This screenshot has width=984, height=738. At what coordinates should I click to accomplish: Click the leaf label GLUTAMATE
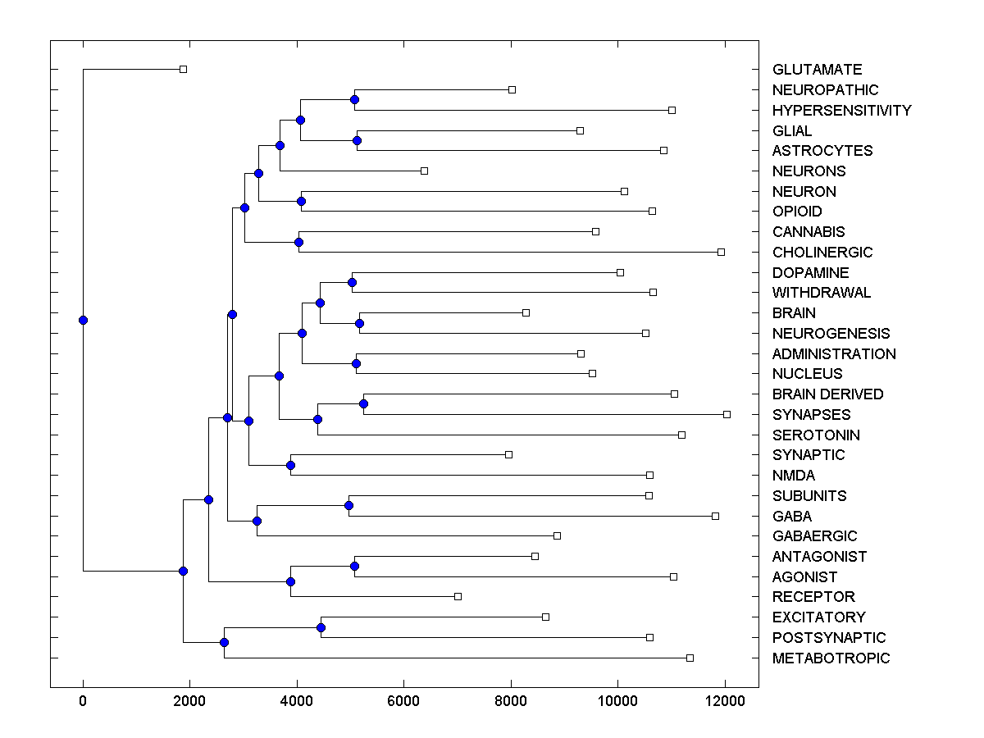pyautogui.click(x=817, y=70)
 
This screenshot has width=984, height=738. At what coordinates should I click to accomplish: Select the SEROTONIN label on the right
pyautogui.click(x=816, y=435)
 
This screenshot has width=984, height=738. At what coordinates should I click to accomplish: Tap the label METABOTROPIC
pyautogui.click(x=831, y=658)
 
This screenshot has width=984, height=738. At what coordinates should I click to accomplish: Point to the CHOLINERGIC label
pyautogui.click(x=822, y=253)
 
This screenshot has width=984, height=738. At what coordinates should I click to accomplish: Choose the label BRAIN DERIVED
pyautogui.click(x=827, y=394)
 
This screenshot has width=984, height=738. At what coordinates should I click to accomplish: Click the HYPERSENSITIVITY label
pyautogui.click(x=841, y=111)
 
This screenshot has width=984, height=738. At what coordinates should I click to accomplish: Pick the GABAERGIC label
pyautogui.click(x=814, y=536)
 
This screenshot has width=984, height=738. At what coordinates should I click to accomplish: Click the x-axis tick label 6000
pyautogui.click(x=403, y=700)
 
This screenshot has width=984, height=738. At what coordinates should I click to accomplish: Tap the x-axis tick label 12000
pyautogui.click(x=725, y=700)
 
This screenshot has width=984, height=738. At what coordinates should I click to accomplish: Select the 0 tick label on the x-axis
pyautogui.click(x=83, y=700)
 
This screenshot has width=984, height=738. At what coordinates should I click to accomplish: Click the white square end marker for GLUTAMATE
pyautogui.click(x=184, y=70)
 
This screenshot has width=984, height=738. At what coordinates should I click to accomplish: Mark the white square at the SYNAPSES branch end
pyautogui.click(x=727, y=415)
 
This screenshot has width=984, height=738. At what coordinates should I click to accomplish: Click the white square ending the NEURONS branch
pyautogui.click(x=424, y=171)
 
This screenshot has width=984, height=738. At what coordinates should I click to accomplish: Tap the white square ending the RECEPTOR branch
pyautogui.click(x=458, y=596)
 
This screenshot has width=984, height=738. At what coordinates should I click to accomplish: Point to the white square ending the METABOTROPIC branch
pyautogui.click(x=690, y=658)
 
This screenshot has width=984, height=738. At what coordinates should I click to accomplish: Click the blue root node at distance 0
pyautogui.click(x=83, y=320)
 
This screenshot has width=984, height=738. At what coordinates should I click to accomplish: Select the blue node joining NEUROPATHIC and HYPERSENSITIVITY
pyautogui.click(x=354, y=100)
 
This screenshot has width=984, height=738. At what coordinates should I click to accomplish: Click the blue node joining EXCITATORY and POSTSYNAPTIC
pyautogui.click(x=321, y=627)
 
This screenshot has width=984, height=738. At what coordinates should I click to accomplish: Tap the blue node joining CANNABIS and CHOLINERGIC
pyautogui.click(x=298, y=242)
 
